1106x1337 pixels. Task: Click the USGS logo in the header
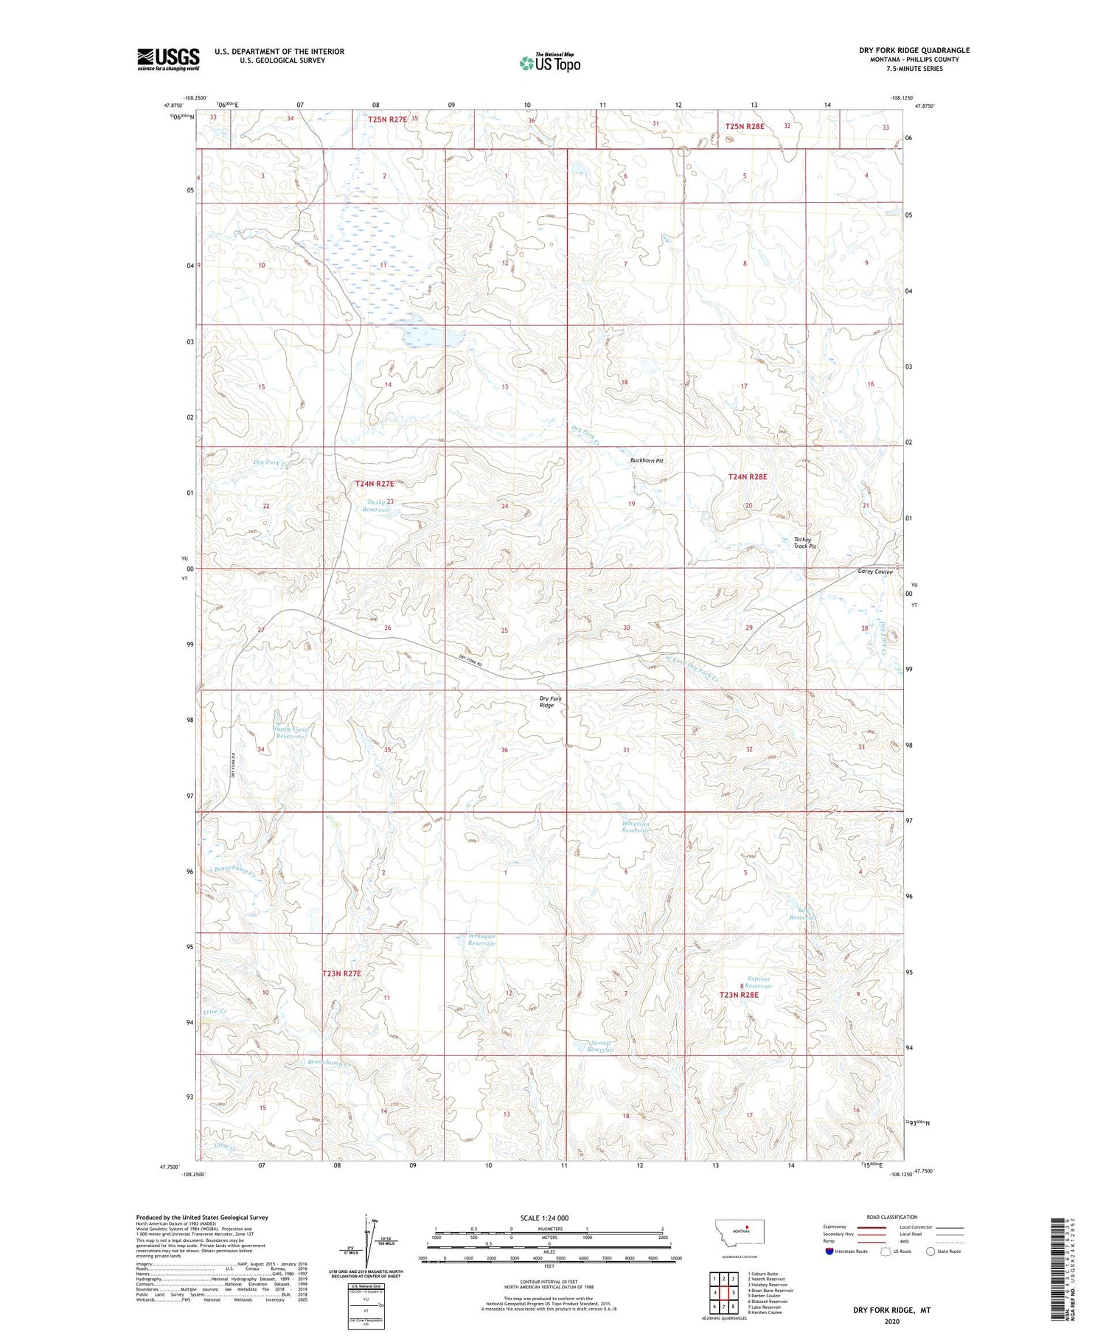168,58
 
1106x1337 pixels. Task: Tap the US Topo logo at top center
550,63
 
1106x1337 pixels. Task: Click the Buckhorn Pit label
647,460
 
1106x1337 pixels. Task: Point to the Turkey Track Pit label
804,542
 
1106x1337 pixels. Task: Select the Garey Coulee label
875,572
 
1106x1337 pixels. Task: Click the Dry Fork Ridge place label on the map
550,701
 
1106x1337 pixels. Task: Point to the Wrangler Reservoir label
481,940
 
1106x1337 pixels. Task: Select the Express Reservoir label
758,982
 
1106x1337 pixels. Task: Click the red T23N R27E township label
341,973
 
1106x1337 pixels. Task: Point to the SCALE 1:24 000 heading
544,1218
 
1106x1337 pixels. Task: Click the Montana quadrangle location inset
745,1232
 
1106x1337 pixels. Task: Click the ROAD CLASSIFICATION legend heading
892,1217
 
